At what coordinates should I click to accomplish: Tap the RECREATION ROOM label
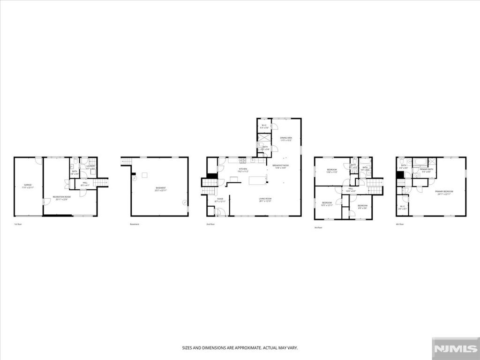pyautogui.click(x=61, y=196)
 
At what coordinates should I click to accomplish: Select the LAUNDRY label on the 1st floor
pyautogui.click(x=90, y=165)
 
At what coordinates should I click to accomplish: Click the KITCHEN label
pyautogui.click(x=243, y=169)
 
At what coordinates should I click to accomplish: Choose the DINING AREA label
pyautogui.click(x=286, y=137)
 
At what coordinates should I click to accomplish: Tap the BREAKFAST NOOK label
pyautogui.click(x=280, y=165)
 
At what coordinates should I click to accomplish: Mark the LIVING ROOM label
pyautogui.click(x=266, y=199)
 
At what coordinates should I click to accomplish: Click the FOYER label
pyautogui.click(x=220, y=199)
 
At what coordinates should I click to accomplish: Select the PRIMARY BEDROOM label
pyautogui.click(x=444, y=191)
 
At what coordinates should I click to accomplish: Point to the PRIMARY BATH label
pyautogui.click(x=426, y=170)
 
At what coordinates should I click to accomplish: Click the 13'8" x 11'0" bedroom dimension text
pyautogui.click(x=332, y=172)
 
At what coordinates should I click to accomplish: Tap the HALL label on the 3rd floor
pyautogui.click(x=351, y=189)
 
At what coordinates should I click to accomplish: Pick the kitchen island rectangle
pyautogui.click(x=257, y=180)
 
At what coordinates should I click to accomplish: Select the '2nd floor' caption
pyautogui.click(x=210, y=224)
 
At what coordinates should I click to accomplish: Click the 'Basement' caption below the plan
pyautogui.click(x=135, y=224)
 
